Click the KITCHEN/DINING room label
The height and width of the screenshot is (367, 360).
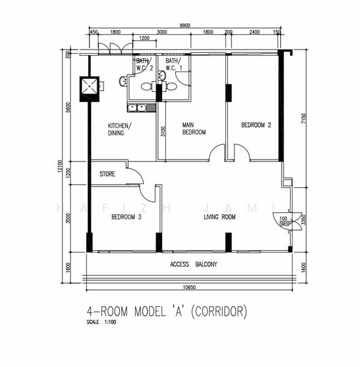click(119, 129)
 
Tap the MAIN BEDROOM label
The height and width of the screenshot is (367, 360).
click(193, 128)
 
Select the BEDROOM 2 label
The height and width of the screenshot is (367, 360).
click(256, 125)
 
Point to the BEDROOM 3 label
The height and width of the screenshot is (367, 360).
click(126, 217)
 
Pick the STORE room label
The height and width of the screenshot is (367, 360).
click(107, 174)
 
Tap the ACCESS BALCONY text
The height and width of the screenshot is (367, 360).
click(193, 265)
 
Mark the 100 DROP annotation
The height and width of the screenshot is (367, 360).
click(283, 221)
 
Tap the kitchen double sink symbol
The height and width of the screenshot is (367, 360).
click(137, 108)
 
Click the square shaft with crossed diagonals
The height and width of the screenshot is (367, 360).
click(89, 87)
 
